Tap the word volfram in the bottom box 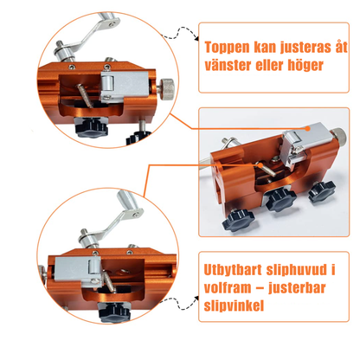pos(228,287)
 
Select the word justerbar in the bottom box pos(297,288)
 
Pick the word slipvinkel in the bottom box pos(234,305)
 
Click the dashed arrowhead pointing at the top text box pos(196,38)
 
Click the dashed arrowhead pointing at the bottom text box pos(196,299)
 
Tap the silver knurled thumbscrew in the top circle pos(167,89)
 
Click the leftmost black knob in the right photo pos(238,221)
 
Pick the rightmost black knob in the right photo pos(322,191)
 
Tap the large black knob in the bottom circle pos(114,312)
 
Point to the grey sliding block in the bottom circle pos(78,272)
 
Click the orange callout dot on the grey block pos(308,129)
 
